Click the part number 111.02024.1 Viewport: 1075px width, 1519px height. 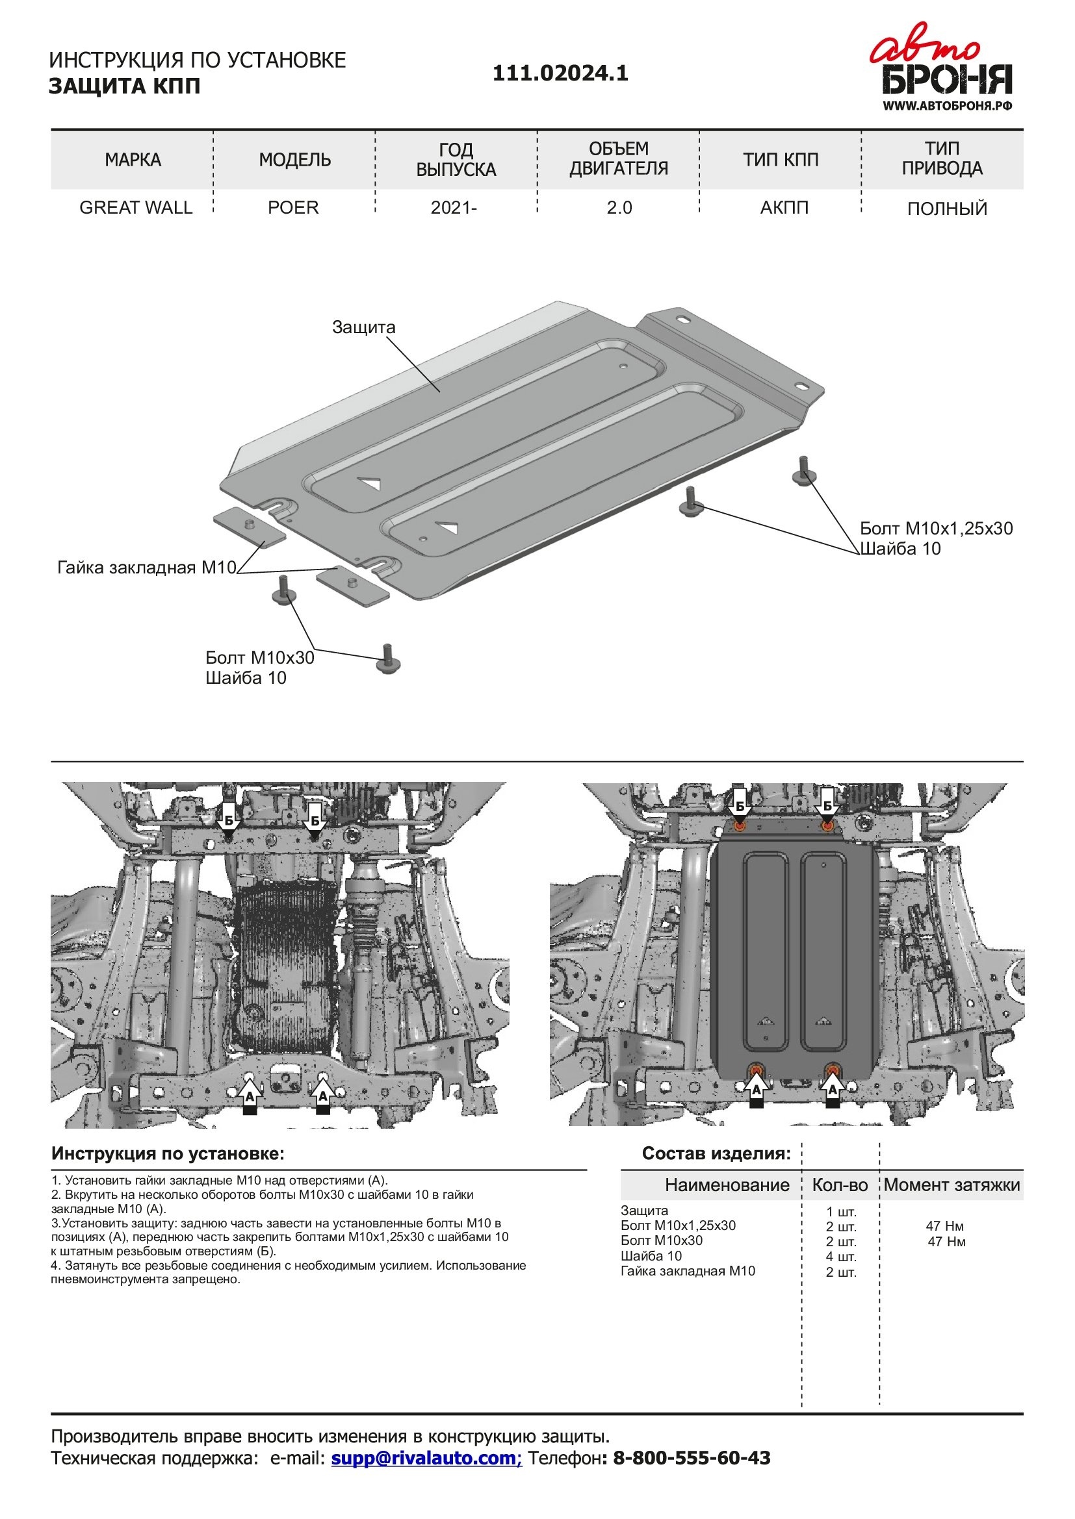(x=560, y=73)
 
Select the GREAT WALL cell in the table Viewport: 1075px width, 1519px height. (x=136, y=208)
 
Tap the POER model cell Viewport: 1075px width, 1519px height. (x=293, y=208)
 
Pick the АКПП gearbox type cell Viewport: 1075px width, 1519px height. (x=784, y=208)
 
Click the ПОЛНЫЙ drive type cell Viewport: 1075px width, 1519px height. (x=946, y=209)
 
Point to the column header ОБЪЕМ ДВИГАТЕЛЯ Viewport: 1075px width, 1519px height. (x=618, y=158)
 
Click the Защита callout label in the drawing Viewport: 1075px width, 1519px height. (x=363, y=327)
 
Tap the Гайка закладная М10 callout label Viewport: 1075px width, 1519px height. (x=146, y=568)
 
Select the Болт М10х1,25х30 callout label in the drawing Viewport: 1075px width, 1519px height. (x=936, y=529)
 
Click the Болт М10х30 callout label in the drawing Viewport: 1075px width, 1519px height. (x=259, y=658)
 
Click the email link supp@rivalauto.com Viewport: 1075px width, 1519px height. (x=426, y=1458)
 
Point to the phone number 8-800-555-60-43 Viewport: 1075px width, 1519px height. (x=691, y=1458)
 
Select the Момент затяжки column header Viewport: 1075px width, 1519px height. (x=952, y=1185)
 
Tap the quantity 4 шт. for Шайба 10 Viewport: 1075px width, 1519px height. (x=840, y=1257)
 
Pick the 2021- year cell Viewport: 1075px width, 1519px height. (x=454, y=208)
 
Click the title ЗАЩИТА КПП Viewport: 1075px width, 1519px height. (x=124, y=86)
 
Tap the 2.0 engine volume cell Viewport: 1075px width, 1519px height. (x=619, y=208)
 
